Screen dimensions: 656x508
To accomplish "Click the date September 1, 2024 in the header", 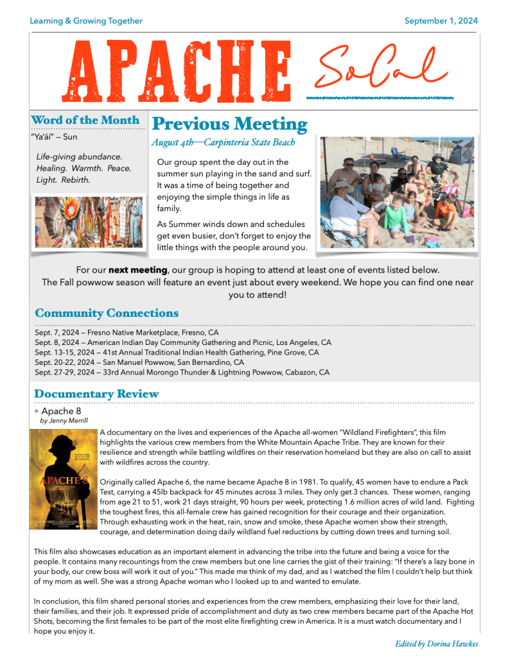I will click(x=441, y=21).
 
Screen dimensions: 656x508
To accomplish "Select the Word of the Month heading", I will click(x=85, y=120).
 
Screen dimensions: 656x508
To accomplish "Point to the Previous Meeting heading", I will click(x=230, y=124).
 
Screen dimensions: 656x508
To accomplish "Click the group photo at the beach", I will click(x=397, y=192).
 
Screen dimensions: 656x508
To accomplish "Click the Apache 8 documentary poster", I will click(x=63, y=480).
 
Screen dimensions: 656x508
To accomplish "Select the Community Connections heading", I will click(x=107, y=314).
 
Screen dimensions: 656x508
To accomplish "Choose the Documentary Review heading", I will click(x=96, y=394).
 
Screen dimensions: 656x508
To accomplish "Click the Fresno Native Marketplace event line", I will click(x=127, y=333).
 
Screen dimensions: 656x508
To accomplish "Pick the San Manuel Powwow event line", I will click(x=139, y=362).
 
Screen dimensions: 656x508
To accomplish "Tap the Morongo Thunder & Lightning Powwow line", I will click(x=182, y=372).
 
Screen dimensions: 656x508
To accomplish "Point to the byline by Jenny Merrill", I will click(x=64, y=421).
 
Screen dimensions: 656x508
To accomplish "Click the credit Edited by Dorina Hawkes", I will click(x=436, y=644).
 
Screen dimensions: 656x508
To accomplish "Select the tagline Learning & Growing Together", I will click(x=86, y=21).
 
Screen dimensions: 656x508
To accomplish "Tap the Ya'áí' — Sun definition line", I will click(x=54, y=137).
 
